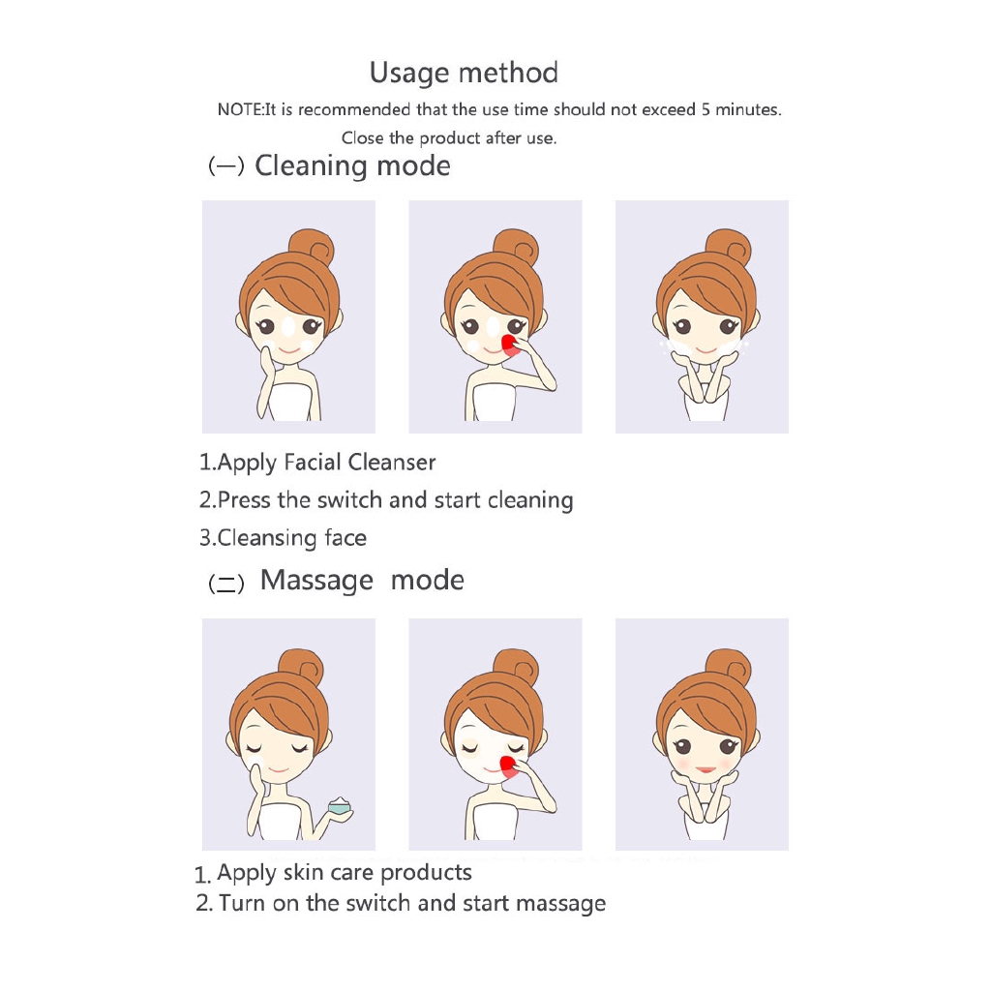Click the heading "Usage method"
(464, 73)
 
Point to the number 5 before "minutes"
(706, 110)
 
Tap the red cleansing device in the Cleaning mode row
(509, 345)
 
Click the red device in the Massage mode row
(508, 766)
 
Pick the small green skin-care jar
(340, 806)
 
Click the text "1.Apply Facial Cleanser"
(317, 463)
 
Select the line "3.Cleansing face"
(283, 538)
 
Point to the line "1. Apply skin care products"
(333, 873)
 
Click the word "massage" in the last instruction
(561, 904)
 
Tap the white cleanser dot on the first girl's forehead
(288, 327)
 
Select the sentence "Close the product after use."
(449, 138)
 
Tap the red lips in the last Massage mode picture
(706, 769)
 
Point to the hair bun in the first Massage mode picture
(301, 668)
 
